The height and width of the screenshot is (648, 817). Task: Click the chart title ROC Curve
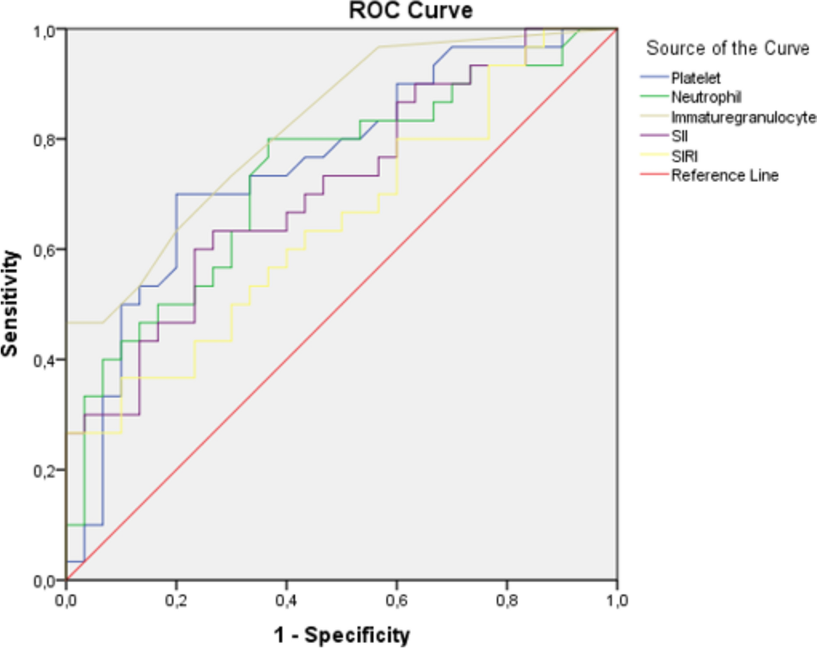click(x=410, y=11)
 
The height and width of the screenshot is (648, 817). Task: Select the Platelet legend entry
click(x=695, y=78)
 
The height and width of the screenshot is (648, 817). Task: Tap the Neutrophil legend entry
click(x=706, y=97)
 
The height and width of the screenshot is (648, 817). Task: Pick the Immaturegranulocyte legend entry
click(x=743, y=117)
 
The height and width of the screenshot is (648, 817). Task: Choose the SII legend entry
click(x=680, y=136)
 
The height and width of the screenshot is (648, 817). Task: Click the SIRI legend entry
click(x=684, y=156)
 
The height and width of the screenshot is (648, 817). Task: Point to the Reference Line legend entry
click(x=725, y=176)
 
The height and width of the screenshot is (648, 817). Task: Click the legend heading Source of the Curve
click(x=727, y=48)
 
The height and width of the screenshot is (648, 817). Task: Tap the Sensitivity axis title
click(x=10, y=303)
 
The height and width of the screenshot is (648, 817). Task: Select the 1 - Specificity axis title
click(x=342, y=635)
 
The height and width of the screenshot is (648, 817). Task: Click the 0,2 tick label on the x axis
click(x=176, y=600)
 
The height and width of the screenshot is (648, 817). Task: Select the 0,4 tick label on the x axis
click(x=286, y=600)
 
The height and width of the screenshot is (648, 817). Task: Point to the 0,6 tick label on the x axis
click(x=396, y=600)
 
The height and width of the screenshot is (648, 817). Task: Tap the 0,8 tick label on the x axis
click(x=507, y=600)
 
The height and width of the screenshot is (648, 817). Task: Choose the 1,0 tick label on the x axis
click(x=617, y=600)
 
